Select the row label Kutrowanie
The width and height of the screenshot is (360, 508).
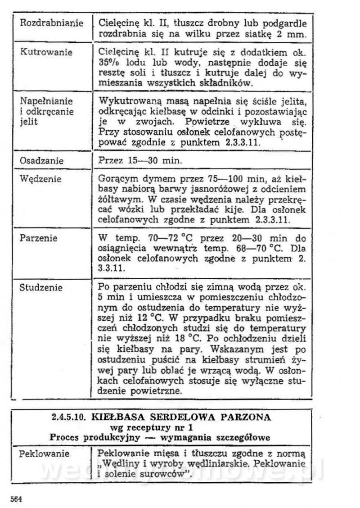[x=46, y=52]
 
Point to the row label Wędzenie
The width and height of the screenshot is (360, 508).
[x=41, y=179]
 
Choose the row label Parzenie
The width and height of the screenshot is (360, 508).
[x=39, y=238]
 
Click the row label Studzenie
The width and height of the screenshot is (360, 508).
[x=41, y=287]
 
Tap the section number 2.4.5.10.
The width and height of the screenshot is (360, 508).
[x=70, y=417]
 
